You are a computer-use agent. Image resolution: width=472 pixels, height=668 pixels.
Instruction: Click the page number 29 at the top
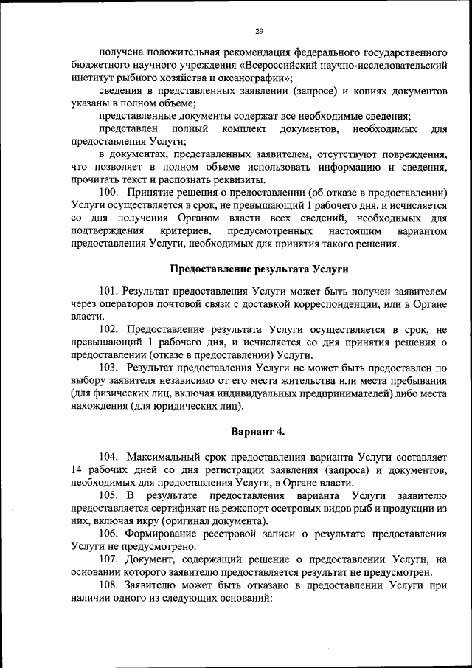pyautogui.click(x=259, y=30)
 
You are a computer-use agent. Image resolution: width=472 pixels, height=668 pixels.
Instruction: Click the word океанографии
pyautogui.click(x=249, y=78)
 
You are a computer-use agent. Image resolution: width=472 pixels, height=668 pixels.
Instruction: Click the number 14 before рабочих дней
pyautogui.click(x=77, y=470)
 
